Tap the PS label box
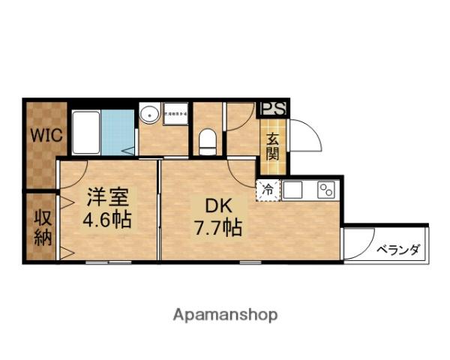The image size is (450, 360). click(x=273, y=107)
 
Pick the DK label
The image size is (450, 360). click(x=213, y=205)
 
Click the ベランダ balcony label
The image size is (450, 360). click(x=397, y=250)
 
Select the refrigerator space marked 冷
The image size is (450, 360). click(x=267, y=190)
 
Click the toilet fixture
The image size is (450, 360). click(x=208, y=139)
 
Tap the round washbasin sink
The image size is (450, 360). click(x=148, y=115)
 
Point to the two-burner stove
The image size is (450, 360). click(x=327, y=190)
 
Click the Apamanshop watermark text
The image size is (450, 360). click(x=224, y=314)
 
